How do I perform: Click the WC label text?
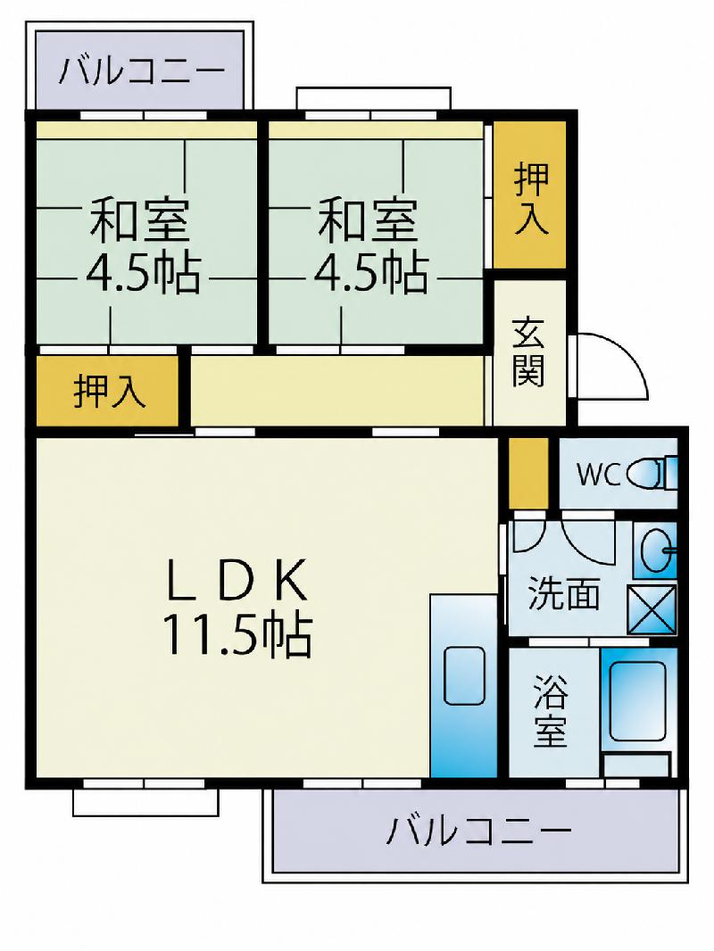[x=597, y=475]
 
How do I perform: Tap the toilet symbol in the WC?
[x=652, y=474]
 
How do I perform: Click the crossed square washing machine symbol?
[x=651, y=609]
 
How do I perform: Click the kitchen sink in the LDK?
[x=464, y=675]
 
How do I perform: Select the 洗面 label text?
[x=563, y=593]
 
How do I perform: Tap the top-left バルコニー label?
[x=141, y=71]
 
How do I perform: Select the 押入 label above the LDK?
[x=109, y=392]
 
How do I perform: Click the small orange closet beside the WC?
[x=527, y=473]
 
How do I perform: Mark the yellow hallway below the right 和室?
[x=337, y=391]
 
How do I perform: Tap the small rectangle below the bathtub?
[x=637, y=765]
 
